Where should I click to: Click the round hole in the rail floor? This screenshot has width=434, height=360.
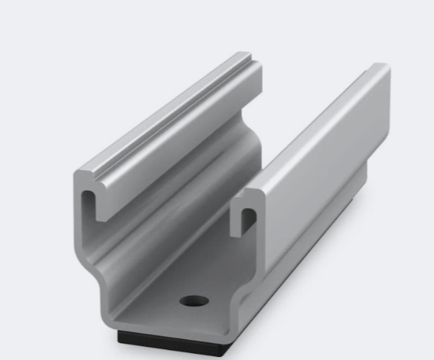point(194,299)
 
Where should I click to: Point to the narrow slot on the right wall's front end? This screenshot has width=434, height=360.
point(246,221)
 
